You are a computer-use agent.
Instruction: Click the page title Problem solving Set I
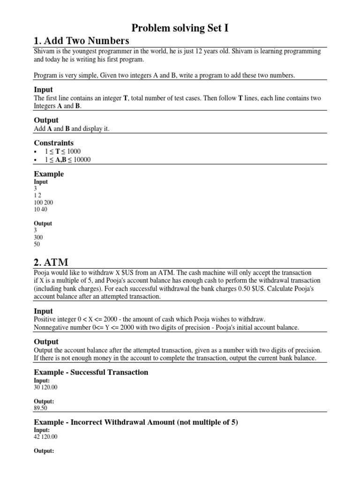tap(180, 29)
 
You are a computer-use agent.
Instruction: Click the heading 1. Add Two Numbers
tap(81, 40)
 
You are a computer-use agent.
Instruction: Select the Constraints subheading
tap(54, 142)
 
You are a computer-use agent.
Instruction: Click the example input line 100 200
tap(44, 202)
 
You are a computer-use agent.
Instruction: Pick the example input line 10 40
tap(41, 209)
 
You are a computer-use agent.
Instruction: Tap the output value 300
tap(38, 237)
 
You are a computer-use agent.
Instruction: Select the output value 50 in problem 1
tap(37, 244)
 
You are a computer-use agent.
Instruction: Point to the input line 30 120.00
tap(46, 387)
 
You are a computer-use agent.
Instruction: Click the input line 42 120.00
tap(46, 437)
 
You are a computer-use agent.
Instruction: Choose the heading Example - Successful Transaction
tap(91, 372)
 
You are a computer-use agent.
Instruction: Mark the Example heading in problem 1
tap(49, 174)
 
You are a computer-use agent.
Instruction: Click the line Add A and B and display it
tap(72, 129)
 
